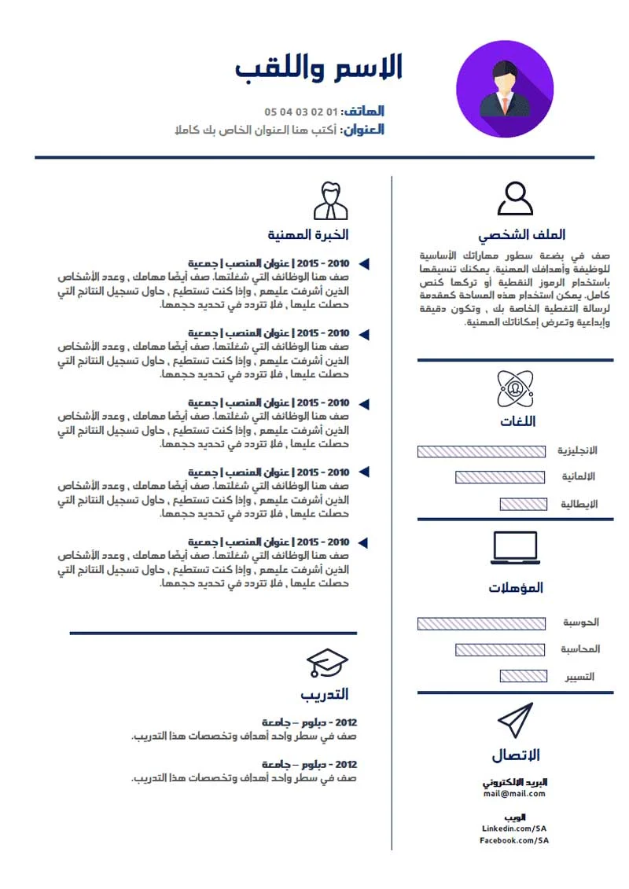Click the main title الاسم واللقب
click(x=319, y=68)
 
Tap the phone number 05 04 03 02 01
click(x=301, y=112)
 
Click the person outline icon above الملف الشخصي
click(x=515, y=198)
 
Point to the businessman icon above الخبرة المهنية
click(x=330, y=200)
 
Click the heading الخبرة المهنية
click(x=307, y=235)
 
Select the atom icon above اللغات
click(x=515, y=388)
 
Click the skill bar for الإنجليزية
click(x=480, y=451)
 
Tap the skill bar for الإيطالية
click(x=523, y=504)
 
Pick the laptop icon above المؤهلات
click(x=515, y=548)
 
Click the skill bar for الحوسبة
click(x=480, y=623)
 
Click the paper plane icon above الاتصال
click(x=515, y=720)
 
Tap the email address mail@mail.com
click(x=515, y=794)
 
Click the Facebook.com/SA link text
click(x=514, y=840)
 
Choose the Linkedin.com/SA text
click(x=514, y=828)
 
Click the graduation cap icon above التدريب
click(x=326, y=663)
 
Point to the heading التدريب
click(x=324, y=694)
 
